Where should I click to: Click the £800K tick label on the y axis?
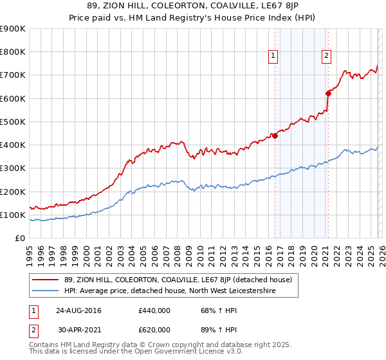click(x=13, y=52)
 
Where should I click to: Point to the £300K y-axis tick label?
click(x=13, y=168)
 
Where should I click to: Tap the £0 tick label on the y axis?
click(x=20, y=239)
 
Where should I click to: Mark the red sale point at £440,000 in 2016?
click(x=275, y=136)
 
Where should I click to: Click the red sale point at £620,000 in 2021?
click(x=328, y=93)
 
